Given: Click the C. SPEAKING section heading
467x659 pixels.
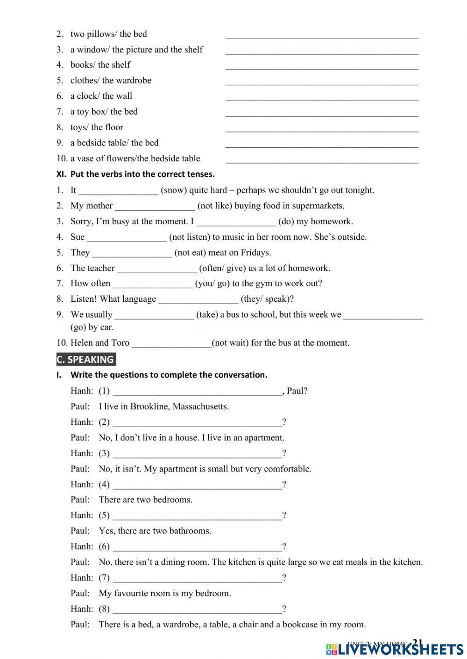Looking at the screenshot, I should coord(85,360).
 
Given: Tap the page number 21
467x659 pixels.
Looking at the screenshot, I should coord(417,643).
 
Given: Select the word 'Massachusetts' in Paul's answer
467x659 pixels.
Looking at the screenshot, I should coord(201,406).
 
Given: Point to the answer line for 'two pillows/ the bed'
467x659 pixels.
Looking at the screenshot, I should coord(322,35).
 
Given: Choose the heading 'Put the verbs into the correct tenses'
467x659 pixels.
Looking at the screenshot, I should coord(142,174).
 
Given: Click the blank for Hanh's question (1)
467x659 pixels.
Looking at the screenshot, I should coord(197,392).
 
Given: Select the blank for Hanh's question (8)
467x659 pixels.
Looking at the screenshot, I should coord(197,610).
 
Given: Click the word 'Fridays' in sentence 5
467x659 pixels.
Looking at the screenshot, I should coord(255,253).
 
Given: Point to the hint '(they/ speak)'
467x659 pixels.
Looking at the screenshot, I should coord(267,299).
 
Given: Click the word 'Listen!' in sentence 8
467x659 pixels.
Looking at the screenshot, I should coord(84,299).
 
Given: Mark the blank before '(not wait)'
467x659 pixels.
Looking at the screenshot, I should coord(171,344).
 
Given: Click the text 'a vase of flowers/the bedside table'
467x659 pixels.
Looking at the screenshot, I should coord(135,159).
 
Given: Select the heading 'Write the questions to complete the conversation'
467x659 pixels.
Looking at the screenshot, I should coord(169,375).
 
